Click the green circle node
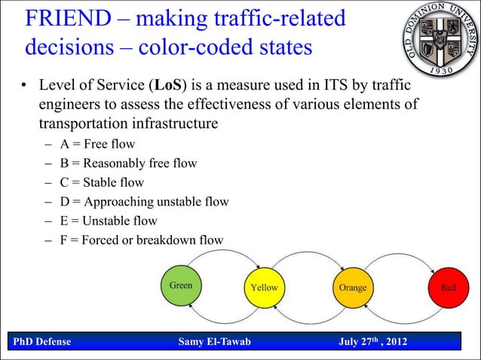tap(181, 287)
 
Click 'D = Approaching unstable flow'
tap(145, 202)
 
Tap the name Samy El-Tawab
tap(214, 343)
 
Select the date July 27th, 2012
tap(372, 343)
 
